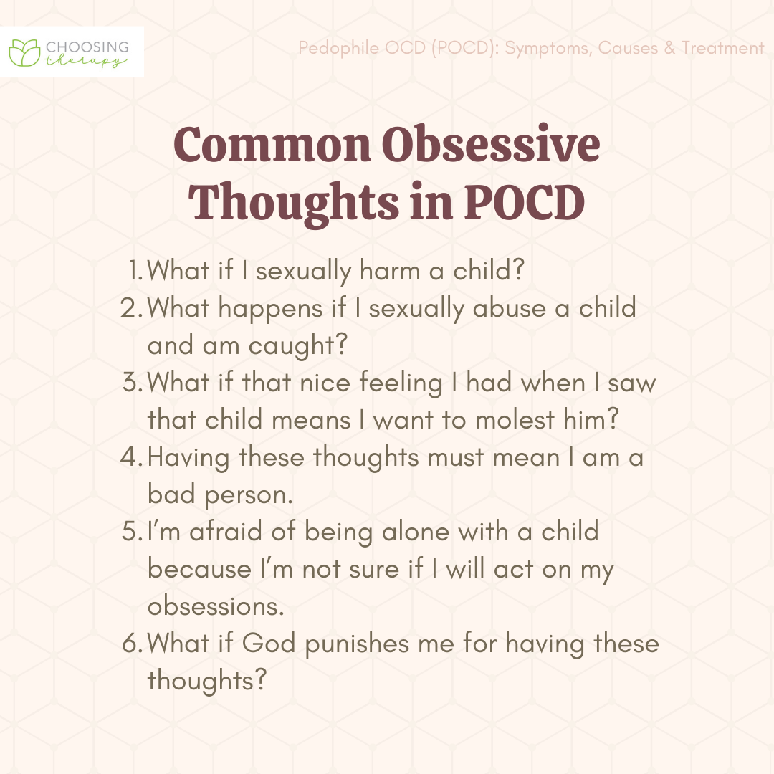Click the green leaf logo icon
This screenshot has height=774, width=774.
24,52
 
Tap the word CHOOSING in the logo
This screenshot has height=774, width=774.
87,47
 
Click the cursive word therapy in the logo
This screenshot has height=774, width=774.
86,61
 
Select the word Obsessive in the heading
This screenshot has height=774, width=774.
491,145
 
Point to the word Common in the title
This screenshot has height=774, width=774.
272,145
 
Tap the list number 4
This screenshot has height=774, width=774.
132,457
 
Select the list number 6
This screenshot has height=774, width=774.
133,643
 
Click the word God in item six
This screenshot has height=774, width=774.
269,643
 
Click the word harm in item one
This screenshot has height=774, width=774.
390,270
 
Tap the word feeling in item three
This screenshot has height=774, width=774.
401,383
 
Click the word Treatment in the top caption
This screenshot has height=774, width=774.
723,48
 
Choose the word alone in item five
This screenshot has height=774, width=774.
416,532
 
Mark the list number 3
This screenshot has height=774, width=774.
133,382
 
